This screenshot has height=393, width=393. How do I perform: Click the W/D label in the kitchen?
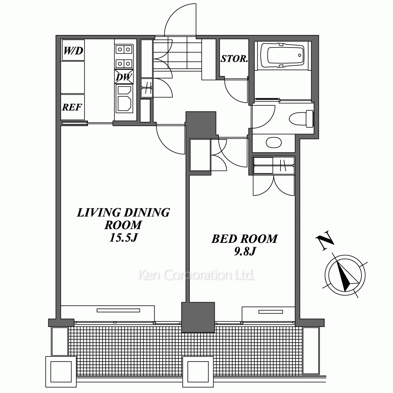[73, 51]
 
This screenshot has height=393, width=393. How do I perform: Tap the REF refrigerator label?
[72, 107]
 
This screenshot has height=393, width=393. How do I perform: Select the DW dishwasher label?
[124, 77]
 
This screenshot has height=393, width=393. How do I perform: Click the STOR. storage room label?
[234, 59]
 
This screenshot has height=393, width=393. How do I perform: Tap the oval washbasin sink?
[274, 143]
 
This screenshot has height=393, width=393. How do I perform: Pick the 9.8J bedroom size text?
[245, 251]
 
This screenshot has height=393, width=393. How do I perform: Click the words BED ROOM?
[244, 239]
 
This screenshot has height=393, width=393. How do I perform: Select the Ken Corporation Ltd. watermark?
[196, 275]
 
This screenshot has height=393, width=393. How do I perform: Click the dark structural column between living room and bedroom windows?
[198, 317]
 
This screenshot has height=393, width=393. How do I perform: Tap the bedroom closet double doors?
[274, 185]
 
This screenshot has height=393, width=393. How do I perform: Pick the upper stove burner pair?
[124, 50]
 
